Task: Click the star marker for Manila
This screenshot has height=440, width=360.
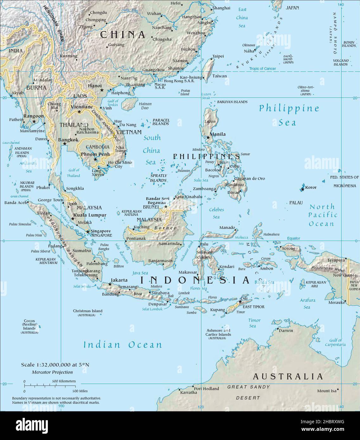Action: click(x=208, y=137)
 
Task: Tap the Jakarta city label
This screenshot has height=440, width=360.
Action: click(x=119, y=280)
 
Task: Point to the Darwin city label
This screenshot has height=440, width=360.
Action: click(x=286, y=330)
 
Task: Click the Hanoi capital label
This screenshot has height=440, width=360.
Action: click(x=95, y=86)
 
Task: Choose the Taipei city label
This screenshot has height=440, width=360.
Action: click(x=218, y=56)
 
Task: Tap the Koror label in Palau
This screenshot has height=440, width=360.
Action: click(x=311, y=187)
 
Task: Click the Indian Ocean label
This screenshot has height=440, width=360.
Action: click(x=123, y=345)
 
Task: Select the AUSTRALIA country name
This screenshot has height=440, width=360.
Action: click(x=288, y=376)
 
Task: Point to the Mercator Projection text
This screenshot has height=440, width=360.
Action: click(x=52, y=372)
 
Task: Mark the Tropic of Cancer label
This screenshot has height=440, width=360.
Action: click(x=262, y=69)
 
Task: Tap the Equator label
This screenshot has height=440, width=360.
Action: click(x=293, y=238)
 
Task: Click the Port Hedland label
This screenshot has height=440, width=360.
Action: click(x=207, y=388)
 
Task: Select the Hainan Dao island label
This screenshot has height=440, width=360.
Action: click(x=145, y=106)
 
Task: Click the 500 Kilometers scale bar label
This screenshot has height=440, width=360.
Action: click(x=64, y=381)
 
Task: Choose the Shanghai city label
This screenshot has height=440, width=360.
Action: click(x=221, y=8)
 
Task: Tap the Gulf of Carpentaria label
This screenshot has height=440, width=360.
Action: click(x=335, y=343)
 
